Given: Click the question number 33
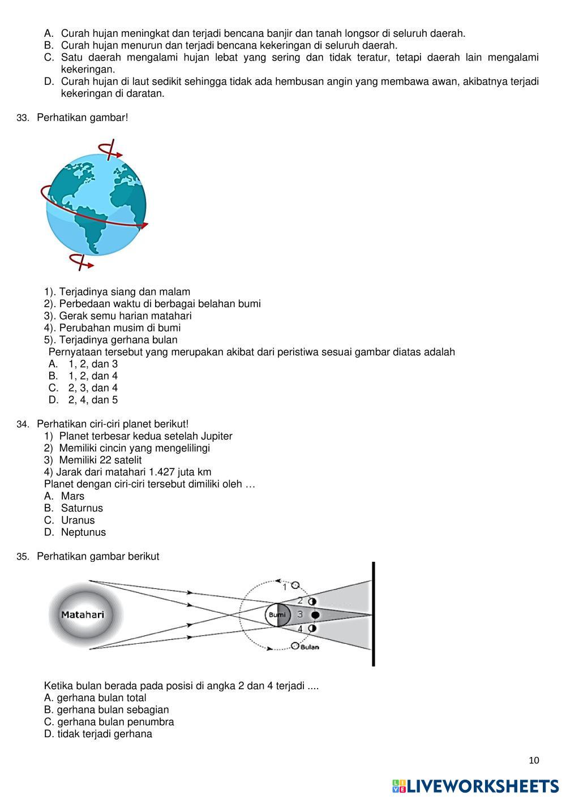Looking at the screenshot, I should (x=23, y=118).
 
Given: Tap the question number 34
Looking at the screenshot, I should (x=23, y=424).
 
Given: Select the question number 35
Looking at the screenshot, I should (x=23, y=557).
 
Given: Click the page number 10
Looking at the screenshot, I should (x=534, y=760).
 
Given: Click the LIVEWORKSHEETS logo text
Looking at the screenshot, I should (x=482, y=786).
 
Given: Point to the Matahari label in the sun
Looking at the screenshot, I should (x=83, y=614).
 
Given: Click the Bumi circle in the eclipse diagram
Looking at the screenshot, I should (x=277, y=615).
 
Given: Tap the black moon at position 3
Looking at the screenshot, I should (x=315, y=615).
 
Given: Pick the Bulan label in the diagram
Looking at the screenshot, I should (x=310, y=647).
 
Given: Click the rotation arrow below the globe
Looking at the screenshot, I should (x=81, y=261).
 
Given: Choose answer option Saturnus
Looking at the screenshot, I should (x=82, y=508).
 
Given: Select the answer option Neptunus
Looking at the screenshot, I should (x=83, y=532).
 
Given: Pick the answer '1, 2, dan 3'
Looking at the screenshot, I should (x=93, y=364).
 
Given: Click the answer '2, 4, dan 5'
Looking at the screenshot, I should (x=93, y=400).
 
